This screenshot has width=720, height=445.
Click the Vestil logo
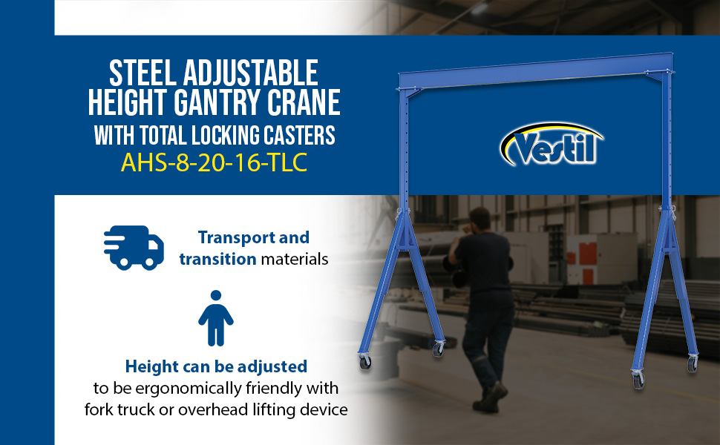(551, 145)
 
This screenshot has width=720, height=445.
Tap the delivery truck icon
(134, 247)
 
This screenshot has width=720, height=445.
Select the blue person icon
(216, 318)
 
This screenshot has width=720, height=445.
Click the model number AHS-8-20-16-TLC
(214, 162)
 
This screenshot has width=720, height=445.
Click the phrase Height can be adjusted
(216, 366)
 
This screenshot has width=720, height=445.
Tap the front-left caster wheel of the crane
(365, 362)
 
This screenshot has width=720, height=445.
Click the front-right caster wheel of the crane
(638, 380)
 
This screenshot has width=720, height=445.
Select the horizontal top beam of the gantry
(536, 70)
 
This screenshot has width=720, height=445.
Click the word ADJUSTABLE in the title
(251, 73)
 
